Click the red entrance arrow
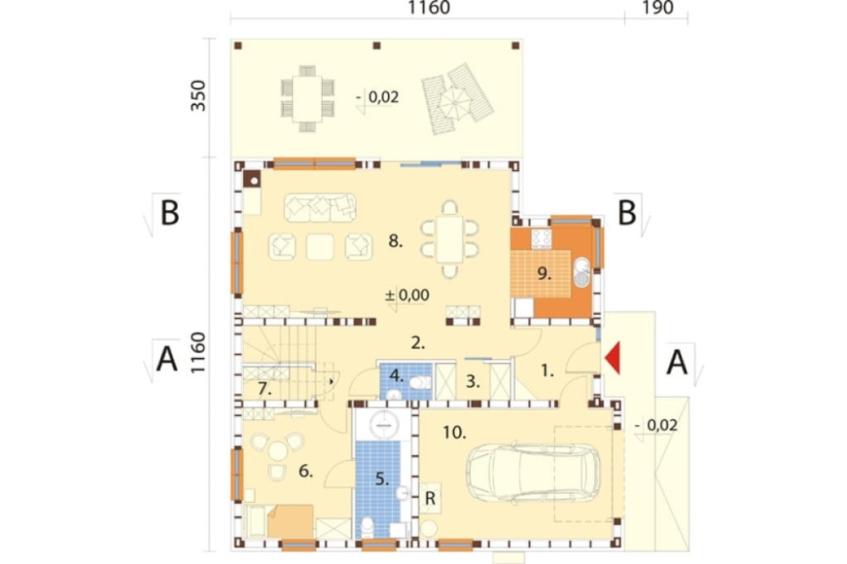(612, 357)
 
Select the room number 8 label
(396, 241)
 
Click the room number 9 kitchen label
(544, 274)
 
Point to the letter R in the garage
(430, 498)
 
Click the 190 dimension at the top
(657, 8)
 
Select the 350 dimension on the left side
(198, 96)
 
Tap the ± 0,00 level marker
(407, 295)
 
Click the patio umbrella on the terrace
(455, 101)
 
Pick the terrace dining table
(307, 98)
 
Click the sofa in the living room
(320, 208)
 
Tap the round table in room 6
(278, 451)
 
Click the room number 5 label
(382, 478)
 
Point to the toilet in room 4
(419, 383)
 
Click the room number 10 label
(454, 432)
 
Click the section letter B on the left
(169, 213)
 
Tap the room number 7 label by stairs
(264, 389)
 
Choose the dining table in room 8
(450, 240)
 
